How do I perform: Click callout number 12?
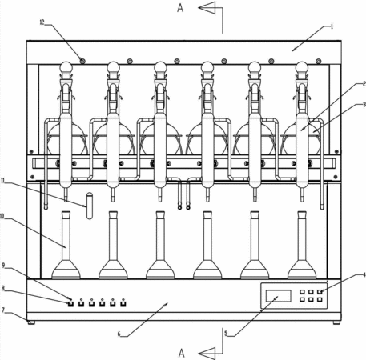(42, 22)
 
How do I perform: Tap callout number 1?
(332, 26)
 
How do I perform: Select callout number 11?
(3, 181)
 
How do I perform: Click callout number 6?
(119, 334)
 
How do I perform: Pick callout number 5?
(226, 334)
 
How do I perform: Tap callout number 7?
(3, 310)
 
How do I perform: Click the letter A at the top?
(180, 8)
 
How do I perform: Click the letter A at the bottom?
(182, 353)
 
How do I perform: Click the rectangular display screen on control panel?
(279, 296)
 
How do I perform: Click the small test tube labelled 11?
(90, 206)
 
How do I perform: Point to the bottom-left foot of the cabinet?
(31, 322)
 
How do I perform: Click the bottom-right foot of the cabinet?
(336, 322)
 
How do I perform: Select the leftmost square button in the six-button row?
(70, 304)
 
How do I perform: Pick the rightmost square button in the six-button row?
(123, 304)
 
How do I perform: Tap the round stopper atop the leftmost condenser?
(66, 66)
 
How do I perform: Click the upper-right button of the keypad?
(320, 292)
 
